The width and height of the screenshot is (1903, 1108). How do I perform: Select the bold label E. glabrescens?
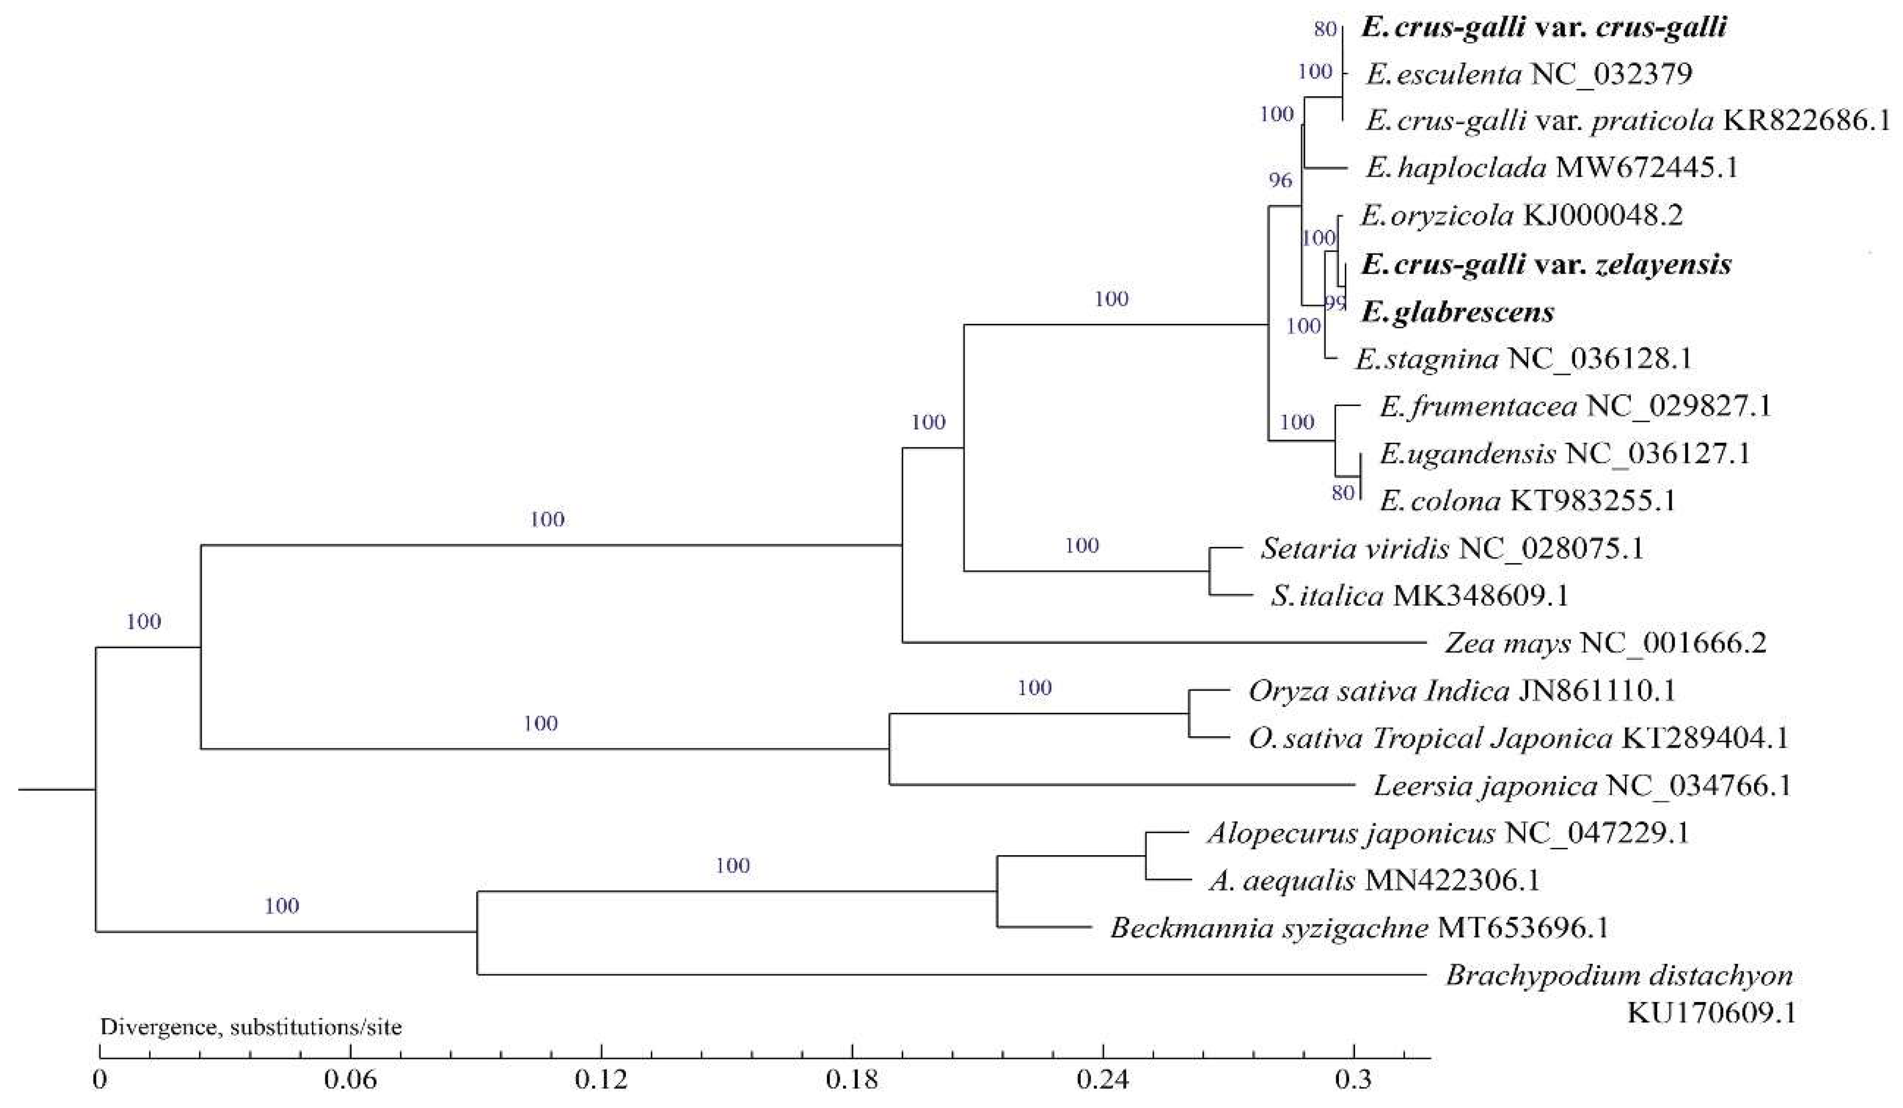(1457, 312)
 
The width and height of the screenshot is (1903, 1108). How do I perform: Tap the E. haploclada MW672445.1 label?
(1552, 167)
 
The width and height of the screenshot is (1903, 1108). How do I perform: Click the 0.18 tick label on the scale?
(852, 1081)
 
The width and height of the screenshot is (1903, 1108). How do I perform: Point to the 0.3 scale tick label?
(1353, 1081)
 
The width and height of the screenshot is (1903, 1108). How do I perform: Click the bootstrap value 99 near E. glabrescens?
(1335, 303)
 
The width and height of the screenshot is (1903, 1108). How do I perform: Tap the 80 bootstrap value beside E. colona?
(1343, 493)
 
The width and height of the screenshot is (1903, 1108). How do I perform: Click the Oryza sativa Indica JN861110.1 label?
(1461, 691)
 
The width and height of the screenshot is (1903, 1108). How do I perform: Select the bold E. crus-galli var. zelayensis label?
(1546, 264)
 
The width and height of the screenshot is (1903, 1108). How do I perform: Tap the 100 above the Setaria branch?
(1081, 545)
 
